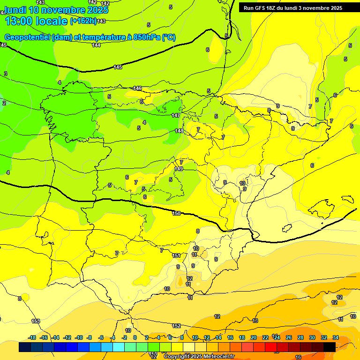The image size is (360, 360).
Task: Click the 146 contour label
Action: [137, 88]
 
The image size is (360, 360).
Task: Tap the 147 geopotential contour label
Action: [176, 115]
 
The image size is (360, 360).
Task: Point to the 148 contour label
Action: [179, 131]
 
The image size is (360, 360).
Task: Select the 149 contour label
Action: [179, 169]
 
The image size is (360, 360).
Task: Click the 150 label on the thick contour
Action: [176, 213]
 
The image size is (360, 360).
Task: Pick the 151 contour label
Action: [176, 255]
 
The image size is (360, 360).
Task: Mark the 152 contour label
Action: [176, 326]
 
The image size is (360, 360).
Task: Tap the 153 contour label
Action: [36, 321]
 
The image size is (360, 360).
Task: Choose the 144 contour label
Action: [96, 45]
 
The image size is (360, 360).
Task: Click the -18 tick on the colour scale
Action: [32, 337]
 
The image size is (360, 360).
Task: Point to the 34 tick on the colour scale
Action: [336, 337]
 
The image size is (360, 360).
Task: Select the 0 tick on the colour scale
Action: [135, 337]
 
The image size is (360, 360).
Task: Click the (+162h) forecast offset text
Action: [83, 21]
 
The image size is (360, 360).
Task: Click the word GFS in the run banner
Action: [259, 8]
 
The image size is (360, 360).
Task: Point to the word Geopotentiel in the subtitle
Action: [26, 37]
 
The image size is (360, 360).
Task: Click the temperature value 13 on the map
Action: [255, 321]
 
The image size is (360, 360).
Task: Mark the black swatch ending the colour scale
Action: [330, 347]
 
